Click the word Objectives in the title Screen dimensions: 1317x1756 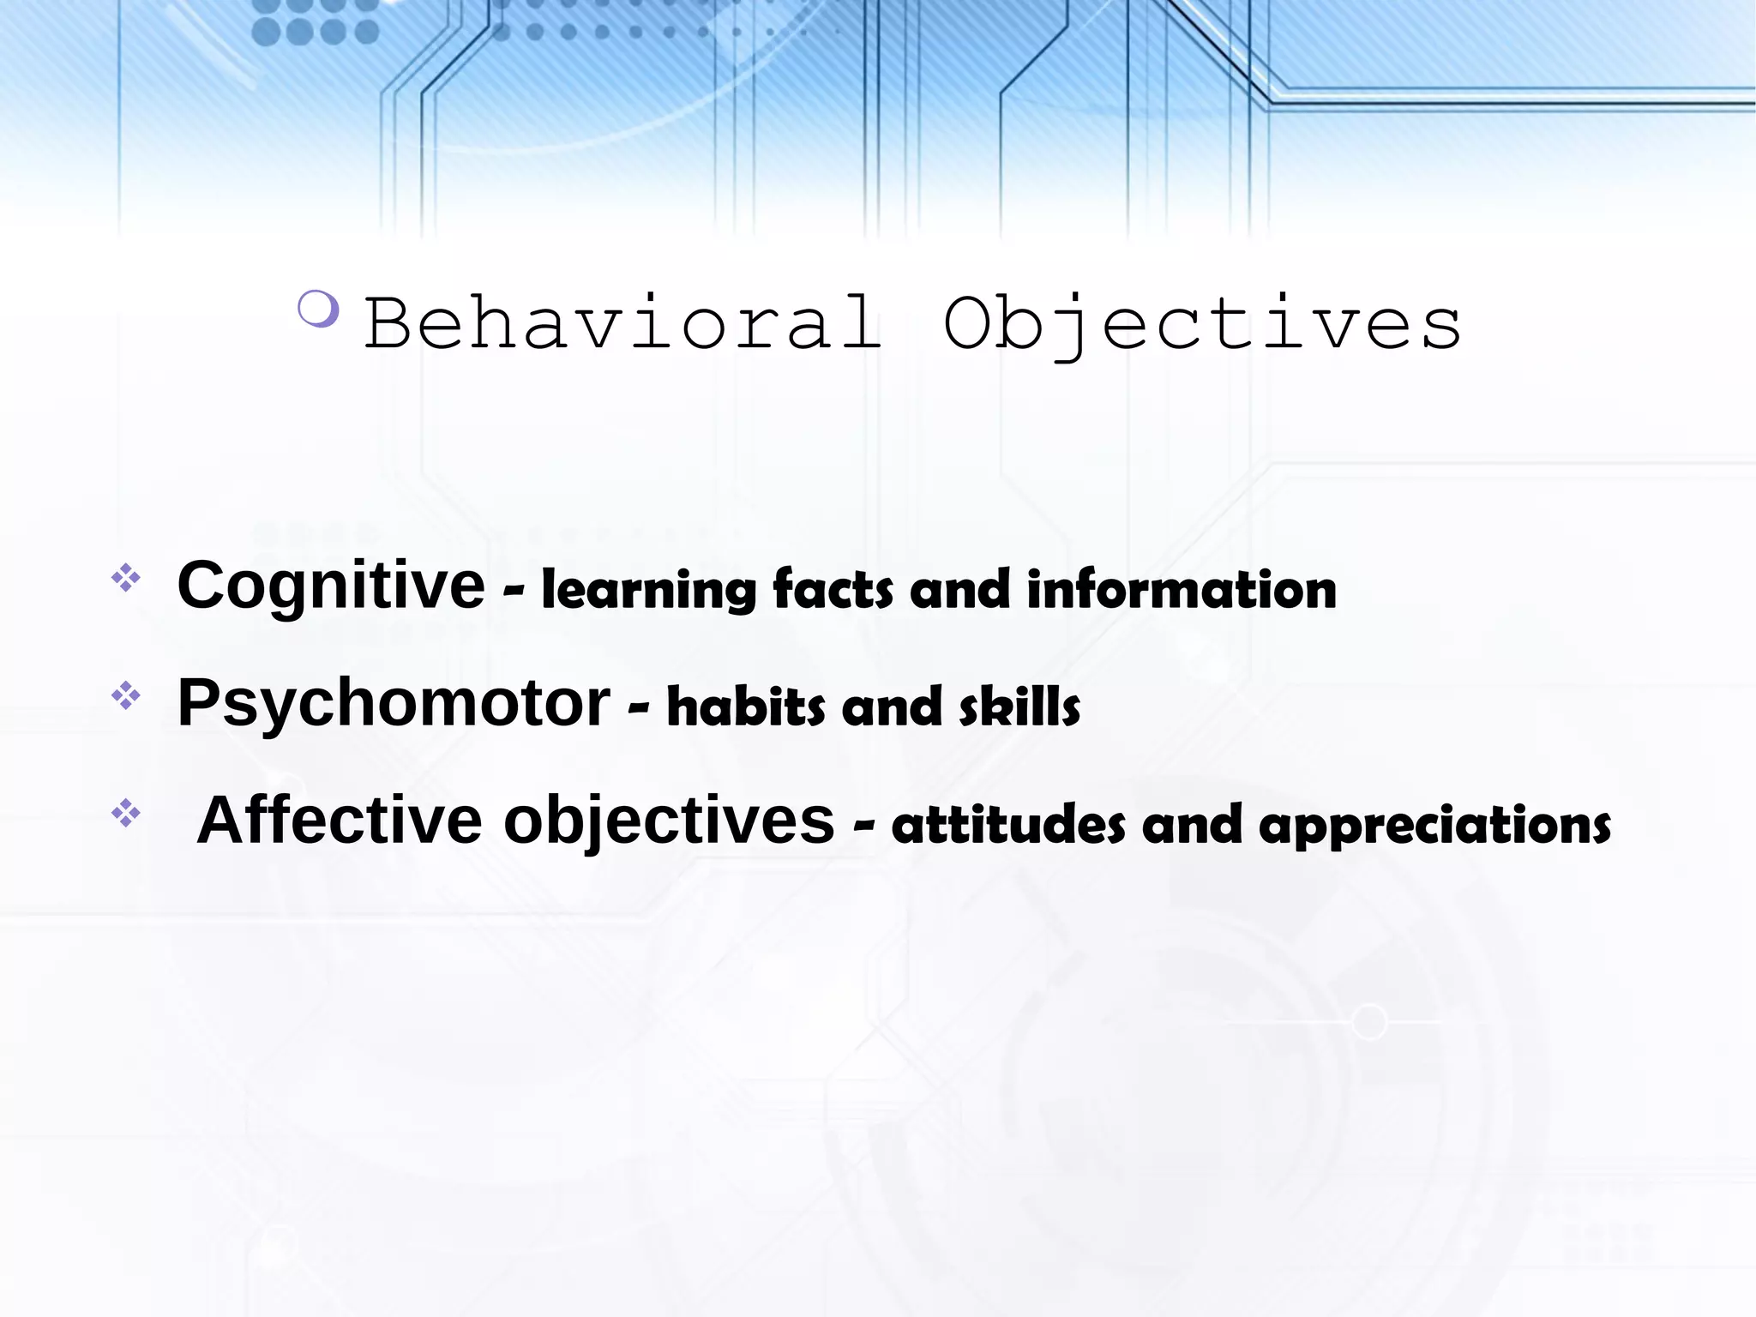click(1202, 323)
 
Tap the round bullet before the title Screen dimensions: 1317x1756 click(318, 309)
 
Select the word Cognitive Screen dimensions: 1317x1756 click(331, 586)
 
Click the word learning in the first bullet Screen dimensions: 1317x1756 click(648, 591)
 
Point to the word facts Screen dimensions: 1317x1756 click(833, 591)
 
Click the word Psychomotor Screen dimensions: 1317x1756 click(394, 703)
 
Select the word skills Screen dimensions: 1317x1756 click(1019, 707)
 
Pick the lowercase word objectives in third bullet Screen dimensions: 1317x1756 click(668, 821)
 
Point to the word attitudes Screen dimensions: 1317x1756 click(1007, 825)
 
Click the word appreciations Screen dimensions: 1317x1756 click(1434, 825)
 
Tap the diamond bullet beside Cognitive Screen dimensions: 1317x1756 click(126, 579)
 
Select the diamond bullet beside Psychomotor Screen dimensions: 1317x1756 click(126, 695)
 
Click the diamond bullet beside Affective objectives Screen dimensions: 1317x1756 click(126, 813)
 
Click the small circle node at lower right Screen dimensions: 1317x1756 click(1369, 1022)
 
